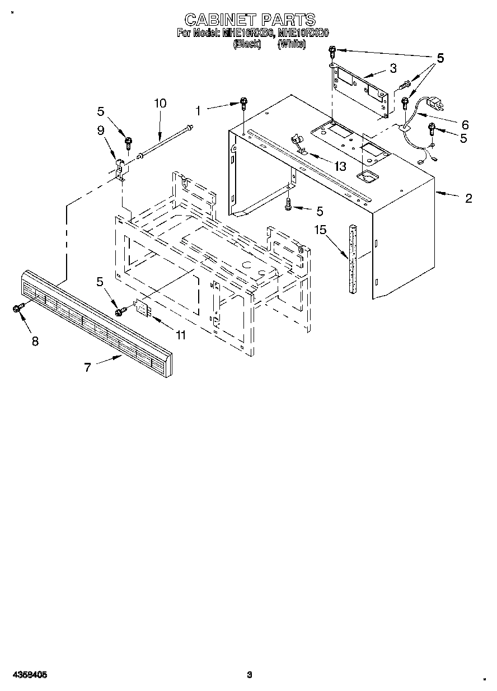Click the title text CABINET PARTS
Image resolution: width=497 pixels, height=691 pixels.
[250, 20]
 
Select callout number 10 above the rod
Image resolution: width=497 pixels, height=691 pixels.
[160, 103]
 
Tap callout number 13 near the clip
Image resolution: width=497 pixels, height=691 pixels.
[339, 166]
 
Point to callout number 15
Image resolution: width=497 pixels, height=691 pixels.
[320, 230]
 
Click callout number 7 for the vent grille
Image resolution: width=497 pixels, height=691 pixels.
[87, 367]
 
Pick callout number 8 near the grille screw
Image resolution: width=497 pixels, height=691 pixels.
[35, 341]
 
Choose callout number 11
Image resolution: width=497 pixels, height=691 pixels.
[180, 335]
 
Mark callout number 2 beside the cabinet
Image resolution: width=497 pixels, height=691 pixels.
[468, 198]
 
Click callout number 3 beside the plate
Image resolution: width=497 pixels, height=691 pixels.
[393, 68]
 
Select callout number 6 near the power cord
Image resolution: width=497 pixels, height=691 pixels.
[465, 124]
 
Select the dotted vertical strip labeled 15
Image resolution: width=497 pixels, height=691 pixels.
[353, 258]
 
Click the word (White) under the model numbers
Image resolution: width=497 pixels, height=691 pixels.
[292, 43]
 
